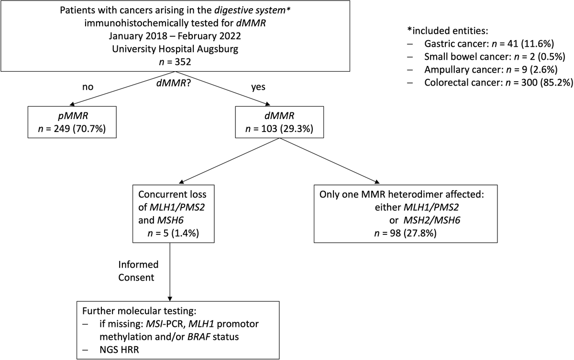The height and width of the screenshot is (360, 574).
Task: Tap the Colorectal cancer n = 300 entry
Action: pos(497,82)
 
